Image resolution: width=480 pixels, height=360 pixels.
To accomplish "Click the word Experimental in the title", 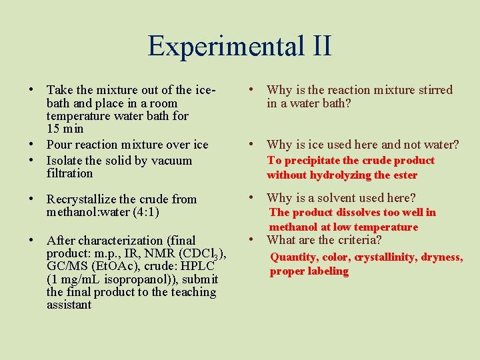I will [217, 46].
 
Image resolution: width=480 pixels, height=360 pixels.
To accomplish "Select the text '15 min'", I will [65, 128].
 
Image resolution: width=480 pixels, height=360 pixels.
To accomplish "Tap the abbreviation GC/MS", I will [67, 266].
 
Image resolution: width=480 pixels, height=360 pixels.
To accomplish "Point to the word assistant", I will [69, 305].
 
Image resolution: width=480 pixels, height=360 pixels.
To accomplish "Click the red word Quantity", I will [293, 257].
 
